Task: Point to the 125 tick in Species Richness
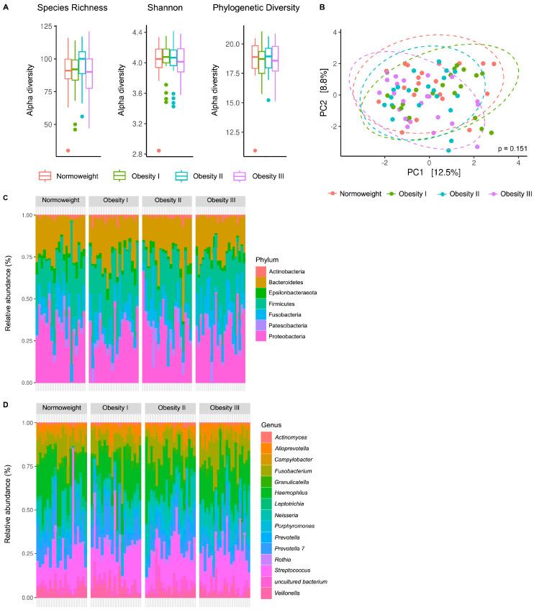[x=47, y=26]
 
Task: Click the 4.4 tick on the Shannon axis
[x=141, y=32]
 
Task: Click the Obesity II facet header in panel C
[x=168, y=200]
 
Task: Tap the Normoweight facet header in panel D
[x=61, y=408]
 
